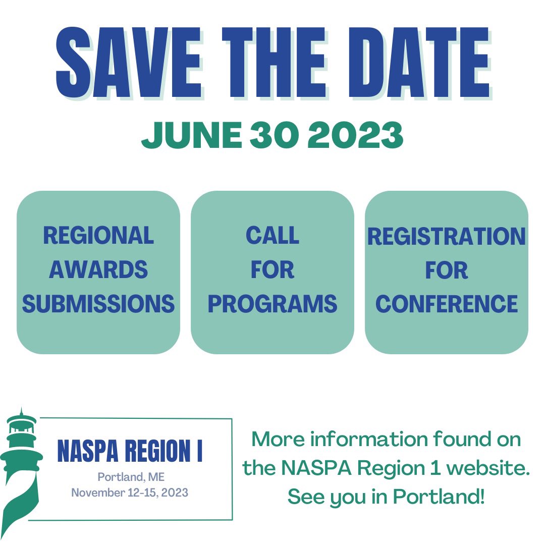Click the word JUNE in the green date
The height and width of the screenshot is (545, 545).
coord(191,135)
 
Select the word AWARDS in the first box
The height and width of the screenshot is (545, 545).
coord(98,269)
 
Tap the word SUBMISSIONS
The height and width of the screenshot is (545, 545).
coord(98,304)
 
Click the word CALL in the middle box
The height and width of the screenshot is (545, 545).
coord(272,235)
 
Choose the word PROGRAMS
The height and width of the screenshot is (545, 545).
coord(272,304)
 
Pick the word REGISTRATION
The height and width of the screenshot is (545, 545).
coord(447,236)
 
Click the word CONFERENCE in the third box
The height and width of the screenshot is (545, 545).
coord(447,304)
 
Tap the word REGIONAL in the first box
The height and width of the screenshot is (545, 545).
coord(98,235)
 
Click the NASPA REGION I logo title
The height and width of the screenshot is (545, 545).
coord(130,451)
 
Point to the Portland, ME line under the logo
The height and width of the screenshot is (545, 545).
coord(131,477)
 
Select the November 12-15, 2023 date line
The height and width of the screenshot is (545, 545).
coord(130,493)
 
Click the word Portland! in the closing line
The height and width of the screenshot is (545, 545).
coord(439,497)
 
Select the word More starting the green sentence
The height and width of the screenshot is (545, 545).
coord(277,440)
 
